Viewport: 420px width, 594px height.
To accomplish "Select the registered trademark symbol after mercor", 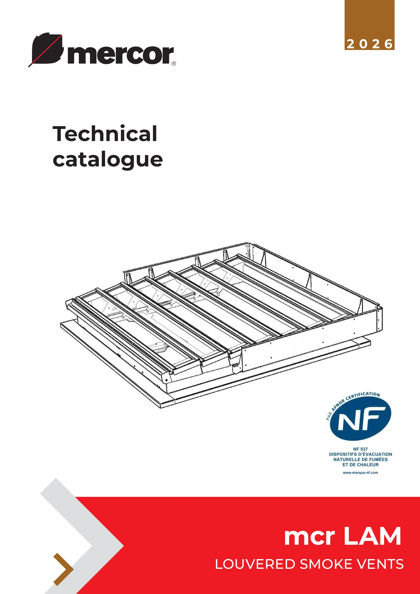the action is [174, 63].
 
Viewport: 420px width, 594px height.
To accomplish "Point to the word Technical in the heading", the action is [105, 134].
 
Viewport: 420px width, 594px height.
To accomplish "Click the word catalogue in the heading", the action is [108, 160].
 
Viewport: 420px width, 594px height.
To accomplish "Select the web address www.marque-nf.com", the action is [360, 473].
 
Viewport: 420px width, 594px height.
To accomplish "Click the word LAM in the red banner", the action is [373, 537].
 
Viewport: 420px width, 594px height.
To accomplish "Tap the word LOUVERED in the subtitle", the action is [255, 564].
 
